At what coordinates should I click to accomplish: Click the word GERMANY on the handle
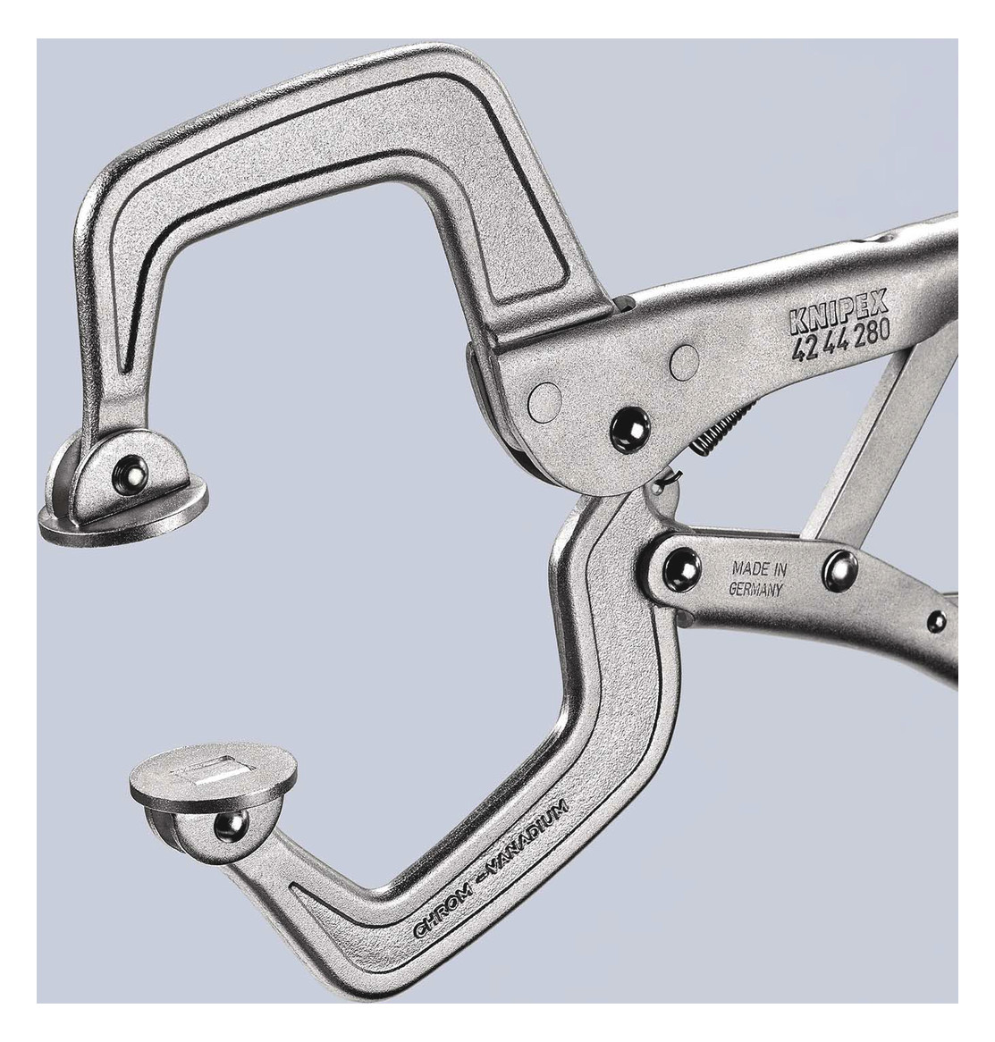(755, 589)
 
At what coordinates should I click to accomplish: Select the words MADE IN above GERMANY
(759, 568)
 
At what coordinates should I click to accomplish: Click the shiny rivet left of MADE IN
(682, 568)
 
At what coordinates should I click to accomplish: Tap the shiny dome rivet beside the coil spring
(630, 430)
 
